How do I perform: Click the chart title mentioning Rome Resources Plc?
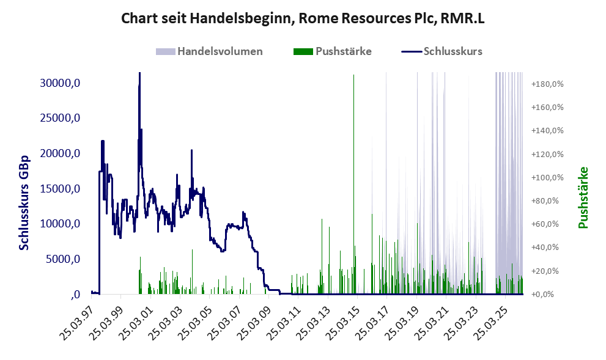[303, 18]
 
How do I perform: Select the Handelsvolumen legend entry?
[209, 51]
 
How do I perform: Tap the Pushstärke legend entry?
[333, 51]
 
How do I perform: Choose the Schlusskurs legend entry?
[442, 51]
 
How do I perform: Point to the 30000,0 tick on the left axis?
[60, 83]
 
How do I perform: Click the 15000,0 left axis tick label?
[60, 188]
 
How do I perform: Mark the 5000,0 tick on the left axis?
[63, 259]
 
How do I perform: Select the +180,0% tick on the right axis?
[548, 84]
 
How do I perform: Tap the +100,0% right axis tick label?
[548, 178]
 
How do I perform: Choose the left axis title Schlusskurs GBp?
[24, 203]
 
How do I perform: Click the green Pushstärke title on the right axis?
[583, 197]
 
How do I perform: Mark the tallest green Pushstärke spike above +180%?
[353, 75]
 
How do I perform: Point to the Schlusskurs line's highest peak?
[139, 73]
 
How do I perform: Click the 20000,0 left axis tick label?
[60, 153]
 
